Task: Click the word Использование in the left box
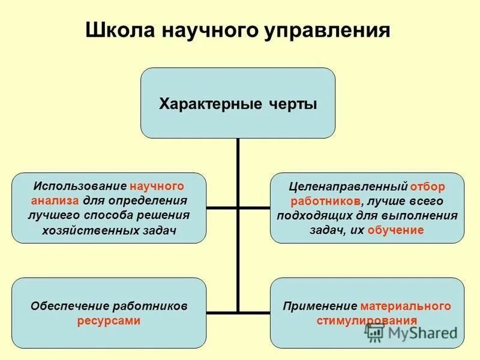[x=80, y=186]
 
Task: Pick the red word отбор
[x=428, y=186]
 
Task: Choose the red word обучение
[x=396, y=230]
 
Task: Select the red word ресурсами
[x=109, y=320]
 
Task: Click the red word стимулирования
[x=367, y=320]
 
